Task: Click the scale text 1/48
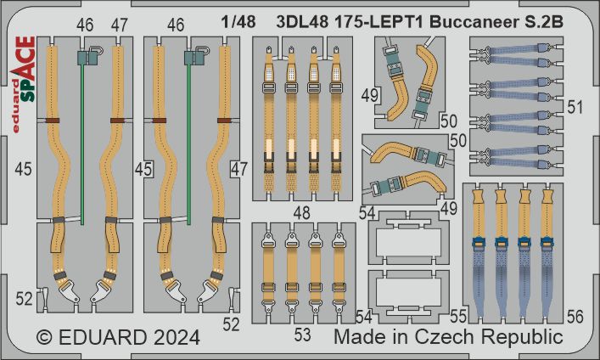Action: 238,22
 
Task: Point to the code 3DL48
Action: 302,22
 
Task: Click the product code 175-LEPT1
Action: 379,22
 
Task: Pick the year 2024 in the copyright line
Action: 177,337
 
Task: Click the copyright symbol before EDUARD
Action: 44,338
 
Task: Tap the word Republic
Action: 522,338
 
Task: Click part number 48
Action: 301,213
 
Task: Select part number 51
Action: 575,107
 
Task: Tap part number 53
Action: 302,335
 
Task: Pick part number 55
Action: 458,317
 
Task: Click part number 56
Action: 575,317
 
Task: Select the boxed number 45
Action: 144,169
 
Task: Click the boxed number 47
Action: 239,169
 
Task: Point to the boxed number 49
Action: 370,95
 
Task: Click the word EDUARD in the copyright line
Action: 103,337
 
